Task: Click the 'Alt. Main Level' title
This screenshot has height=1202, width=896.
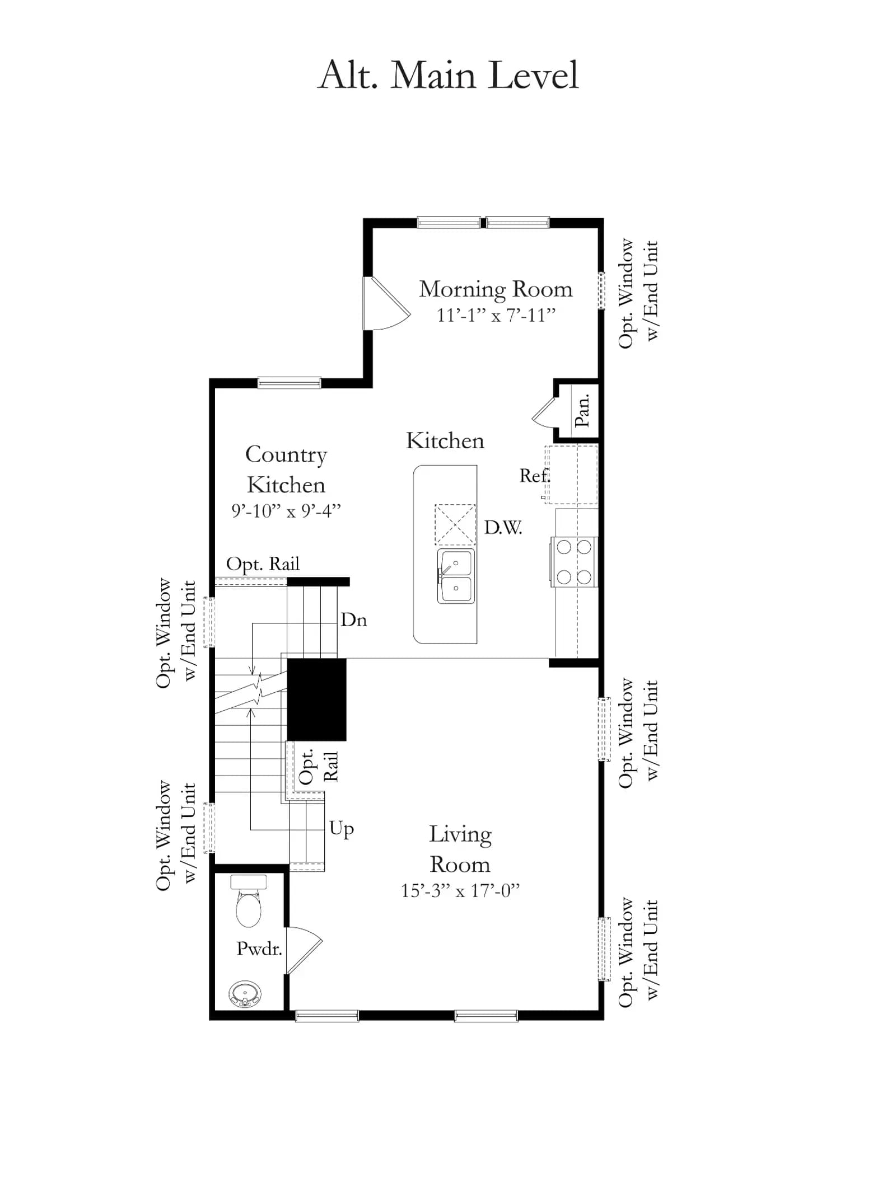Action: [x=448, y=75]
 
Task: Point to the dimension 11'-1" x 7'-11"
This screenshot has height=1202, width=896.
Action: [x=496, y=315]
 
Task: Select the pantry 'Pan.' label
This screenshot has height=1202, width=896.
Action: [x=582, y=410]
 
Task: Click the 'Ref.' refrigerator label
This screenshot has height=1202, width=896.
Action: [x=535, y=476]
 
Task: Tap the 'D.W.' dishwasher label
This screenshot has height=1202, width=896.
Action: [x=503, y=527]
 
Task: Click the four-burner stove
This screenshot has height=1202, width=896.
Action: [x=574, y=562]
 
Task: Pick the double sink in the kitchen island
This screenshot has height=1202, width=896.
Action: [x=456, y=576]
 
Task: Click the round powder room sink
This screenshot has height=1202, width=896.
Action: [x=245, y=994]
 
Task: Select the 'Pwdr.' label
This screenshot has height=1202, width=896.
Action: [x=259, y=949]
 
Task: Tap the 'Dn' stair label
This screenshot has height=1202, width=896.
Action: [x=354, y=619]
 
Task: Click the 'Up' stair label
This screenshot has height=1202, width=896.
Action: [x=342, y=829]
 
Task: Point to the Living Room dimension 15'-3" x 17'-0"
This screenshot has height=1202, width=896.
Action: [x=460, y=890]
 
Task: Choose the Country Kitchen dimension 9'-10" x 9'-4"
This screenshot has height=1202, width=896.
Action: [x=286, y=510]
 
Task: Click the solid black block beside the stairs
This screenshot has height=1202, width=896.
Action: [x=316, y=699]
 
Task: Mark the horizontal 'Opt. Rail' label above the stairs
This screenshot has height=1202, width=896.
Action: [x=263, y=564]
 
